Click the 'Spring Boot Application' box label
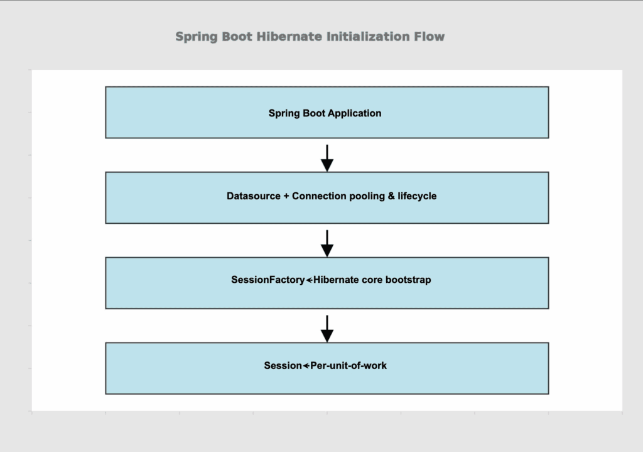click(x=325, y=113)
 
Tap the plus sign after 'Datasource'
click(x=286, y=196)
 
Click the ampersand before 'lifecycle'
click(x=391, y=196)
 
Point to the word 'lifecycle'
click(x=417, y=196)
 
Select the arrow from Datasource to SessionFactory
click(x=327, y=243)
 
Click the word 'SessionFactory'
click(x=267, y=280)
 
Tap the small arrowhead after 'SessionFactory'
click(x=309, y=280)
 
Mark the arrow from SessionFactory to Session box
click(x=327, y=328)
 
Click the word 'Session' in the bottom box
click(x=283, y=365)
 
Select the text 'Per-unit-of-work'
click(x=349, y=365)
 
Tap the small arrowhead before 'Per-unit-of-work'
click(x=306, y=365)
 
